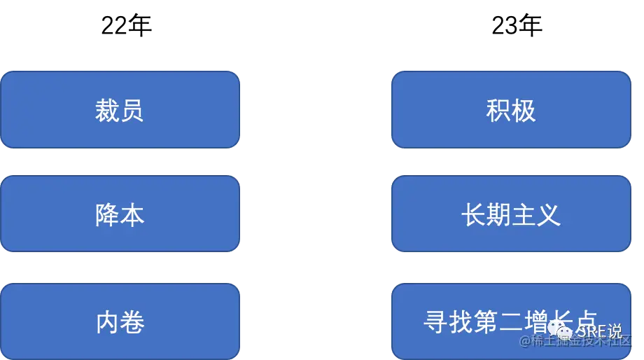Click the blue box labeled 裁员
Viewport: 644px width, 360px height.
point(120,110)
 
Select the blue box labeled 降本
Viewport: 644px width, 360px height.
point(120,214)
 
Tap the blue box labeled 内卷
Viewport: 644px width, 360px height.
point(120,322)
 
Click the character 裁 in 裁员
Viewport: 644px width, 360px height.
point(107,111)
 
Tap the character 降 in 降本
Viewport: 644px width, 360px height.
point(107,215)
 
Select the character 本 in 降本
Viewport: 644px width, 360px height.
point(132,215)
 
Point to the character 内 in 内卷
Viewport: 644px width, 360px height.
point(107,323)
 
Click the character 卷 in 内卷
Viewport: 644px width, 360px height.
point(132,323)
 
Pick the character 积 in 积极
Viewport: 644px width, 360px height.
point(498,111)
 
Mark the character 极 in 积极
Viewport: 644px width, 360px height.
point(524,111)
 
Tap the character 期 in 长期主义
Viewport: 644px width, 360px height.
point(498,215)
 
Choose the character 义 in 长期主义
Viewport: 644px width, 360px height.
point(549,215)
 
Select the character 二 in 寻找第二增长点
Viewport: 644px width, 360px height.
point(511,322)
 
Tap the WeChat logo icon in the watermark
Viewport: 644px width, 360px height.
point(561,328)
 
